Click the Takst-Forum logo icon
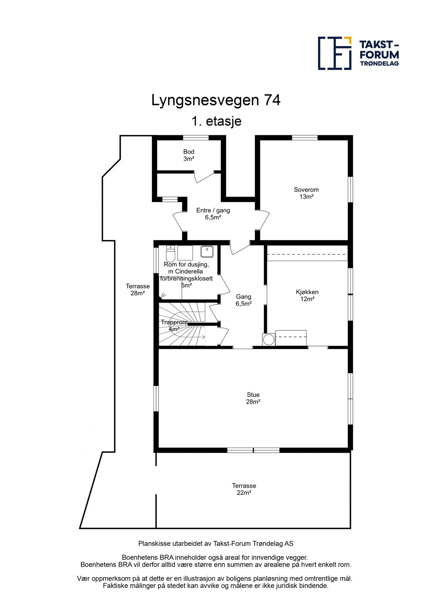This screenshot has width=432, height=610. pos(334,53)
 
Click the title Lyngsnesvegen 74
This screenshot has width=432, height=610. pos(216,100)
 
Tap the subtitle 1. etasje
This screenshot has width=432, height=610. pos(216,121)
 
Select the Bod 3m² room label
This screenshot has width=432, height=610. pos(189,155)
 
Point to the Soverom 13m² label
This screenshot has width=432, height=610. pos(306,193)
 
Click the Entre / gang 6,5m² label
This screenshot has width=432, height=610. pos(213,214)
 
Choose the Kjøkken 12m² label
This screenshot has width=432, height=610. pos(307,296)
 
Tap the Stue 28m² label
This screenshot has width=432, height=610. pos(253,398)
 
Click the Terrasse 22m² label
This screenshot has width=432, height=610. pos(244,489)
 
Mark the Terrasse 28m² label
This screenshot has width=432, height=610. pos(137,290)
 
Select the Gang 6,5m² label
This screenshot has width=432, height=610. pos(244,300)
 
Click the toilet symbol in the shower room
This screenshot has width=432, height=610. pos(170,253)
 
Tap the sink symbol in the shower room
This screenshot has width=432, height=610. pos(207,251)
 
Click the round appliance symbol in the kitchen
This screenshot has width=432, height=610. pos(269,340)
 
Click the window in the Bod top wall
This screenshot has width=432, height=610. pos(196,138)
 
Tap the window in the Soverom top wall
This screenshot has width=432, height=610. pos(304,138)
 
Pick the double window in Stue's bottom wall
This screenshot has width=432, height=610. pos(253,450)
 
